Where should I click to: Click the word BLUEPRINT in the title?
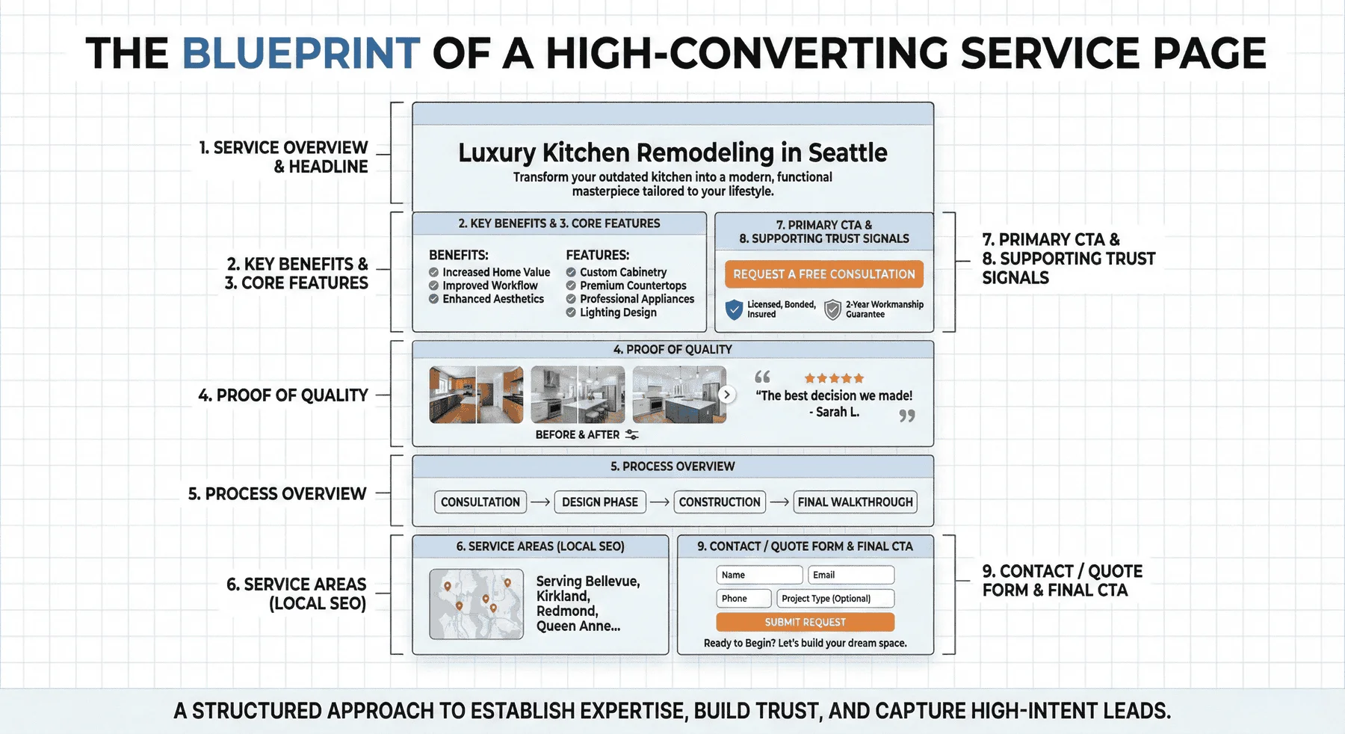tap(300, 53)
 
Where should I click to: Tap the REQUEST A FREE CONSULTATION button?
tap(823, 274)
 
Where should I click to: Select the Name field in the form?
tap(758, 575)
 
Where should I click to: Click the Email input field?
tap(850, 575)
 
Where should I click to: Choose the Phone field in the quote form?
tap(743, 598)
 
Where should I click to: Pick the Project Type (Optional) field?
tap(834, 598)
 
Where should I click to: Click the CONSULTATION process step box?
tap(480, 502)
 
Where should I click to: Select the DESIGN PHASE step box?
tap(600, 502)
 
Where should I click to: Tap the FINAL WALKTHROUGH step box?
tap(855, 502)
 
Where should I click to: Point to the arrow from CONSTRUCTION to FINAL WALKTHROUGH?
tap(779, 502)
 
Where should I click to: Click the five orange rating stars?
tap(834, 378)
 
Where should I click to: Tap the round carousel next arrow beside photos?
tap(726, 395)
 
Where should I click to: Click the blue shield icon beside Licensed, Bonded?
tap(735, 309)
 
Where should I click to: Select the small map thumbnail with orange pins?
tap(476, 604)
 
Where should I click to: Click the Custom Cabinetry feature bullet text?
tap(623, 272)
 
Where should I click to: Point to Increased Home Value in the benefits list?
tap(496, 272)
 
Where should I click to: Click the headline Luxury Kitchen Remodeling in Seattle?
tap(672, 152)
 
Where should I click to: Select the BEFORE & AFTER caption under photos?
tap(578, 435)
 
